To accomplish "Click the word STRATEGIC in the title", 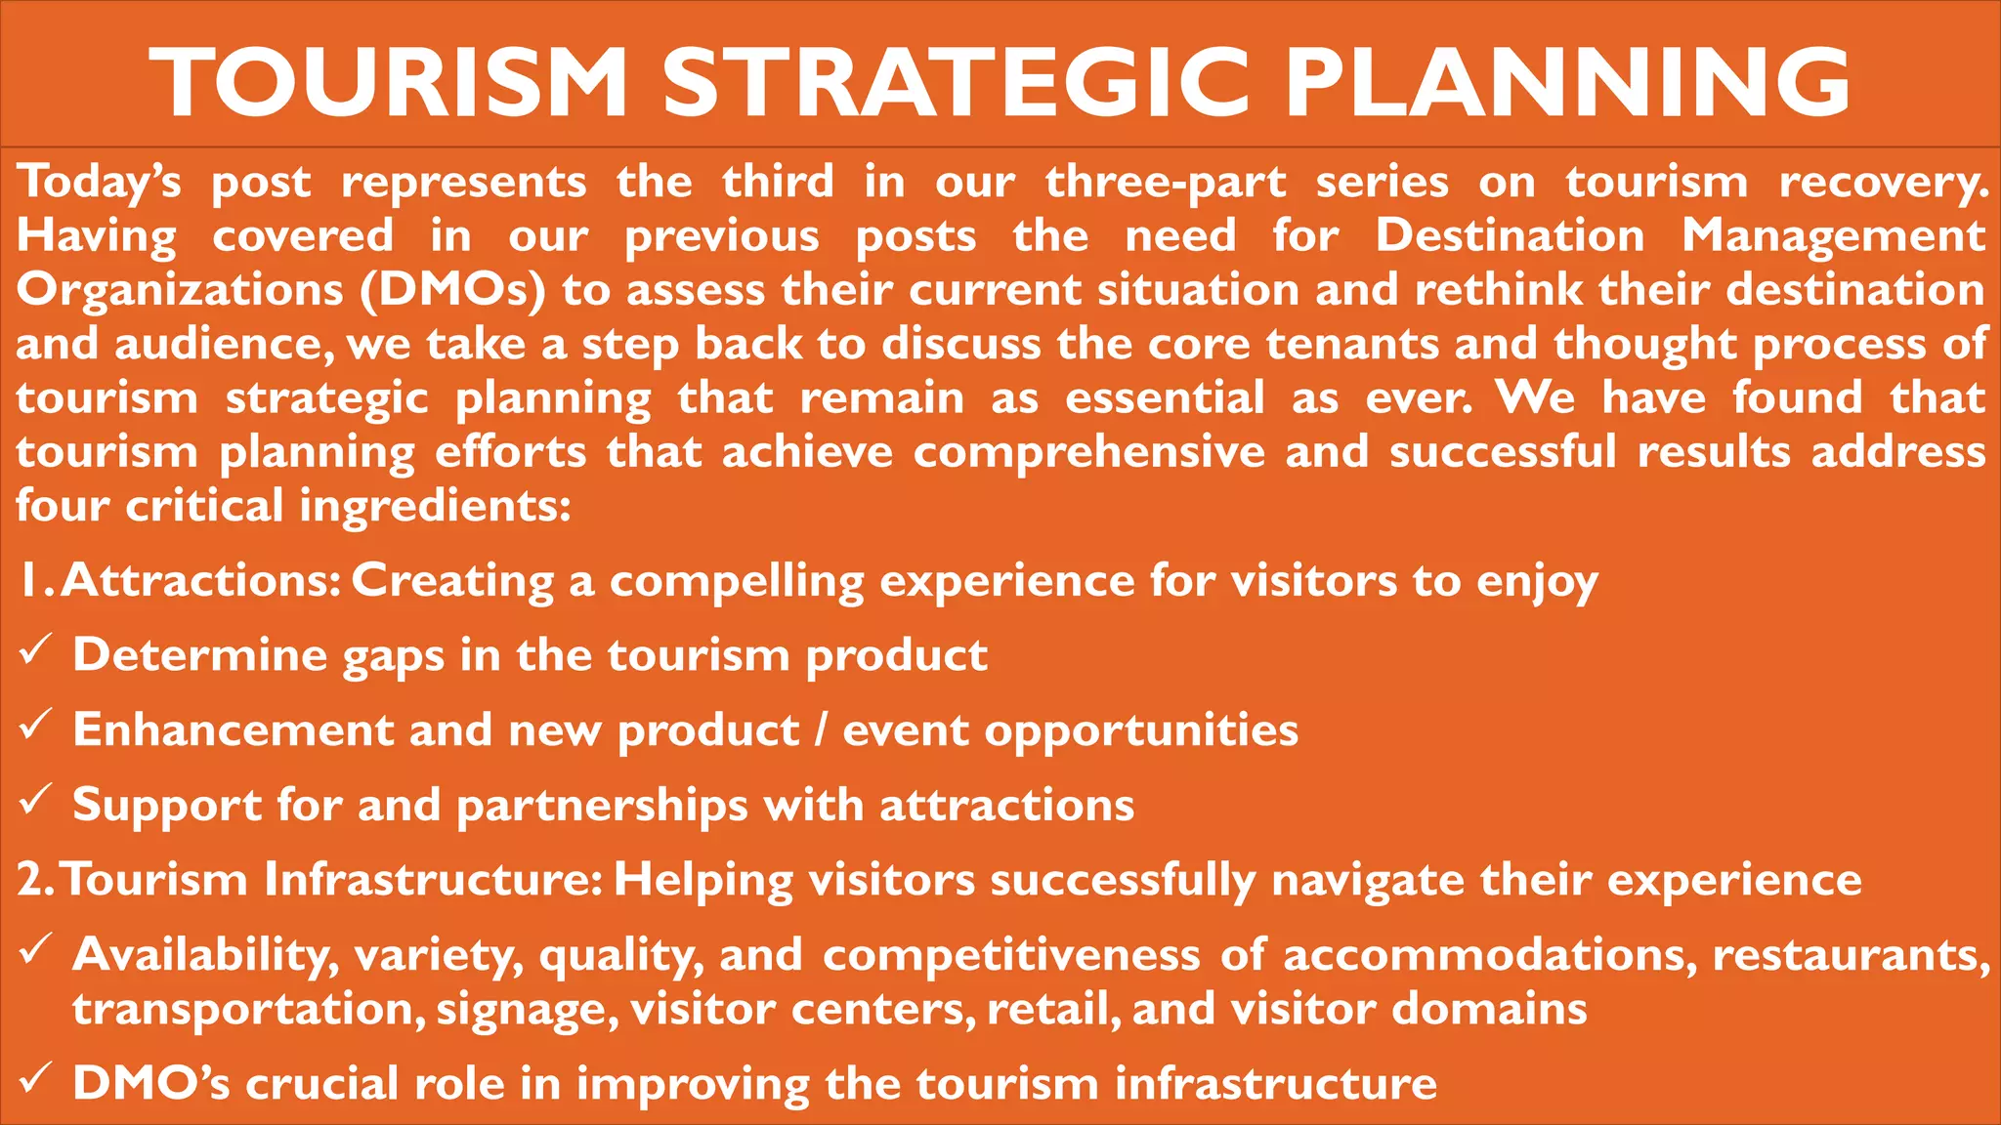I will click(957, 82).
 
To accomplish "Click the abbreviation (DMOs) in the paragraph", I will click(452, 290).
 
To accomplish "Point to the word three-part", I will click(1166, 184).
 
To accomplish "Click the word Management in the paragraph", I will click(1833, 236).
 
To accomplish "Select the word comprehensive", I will click(1088, 452).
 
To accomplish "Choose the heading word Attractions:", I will click(200, 581).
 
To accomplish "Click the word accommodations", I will click(1489, 955).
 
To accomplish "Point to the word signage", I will click(527, 1010).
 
